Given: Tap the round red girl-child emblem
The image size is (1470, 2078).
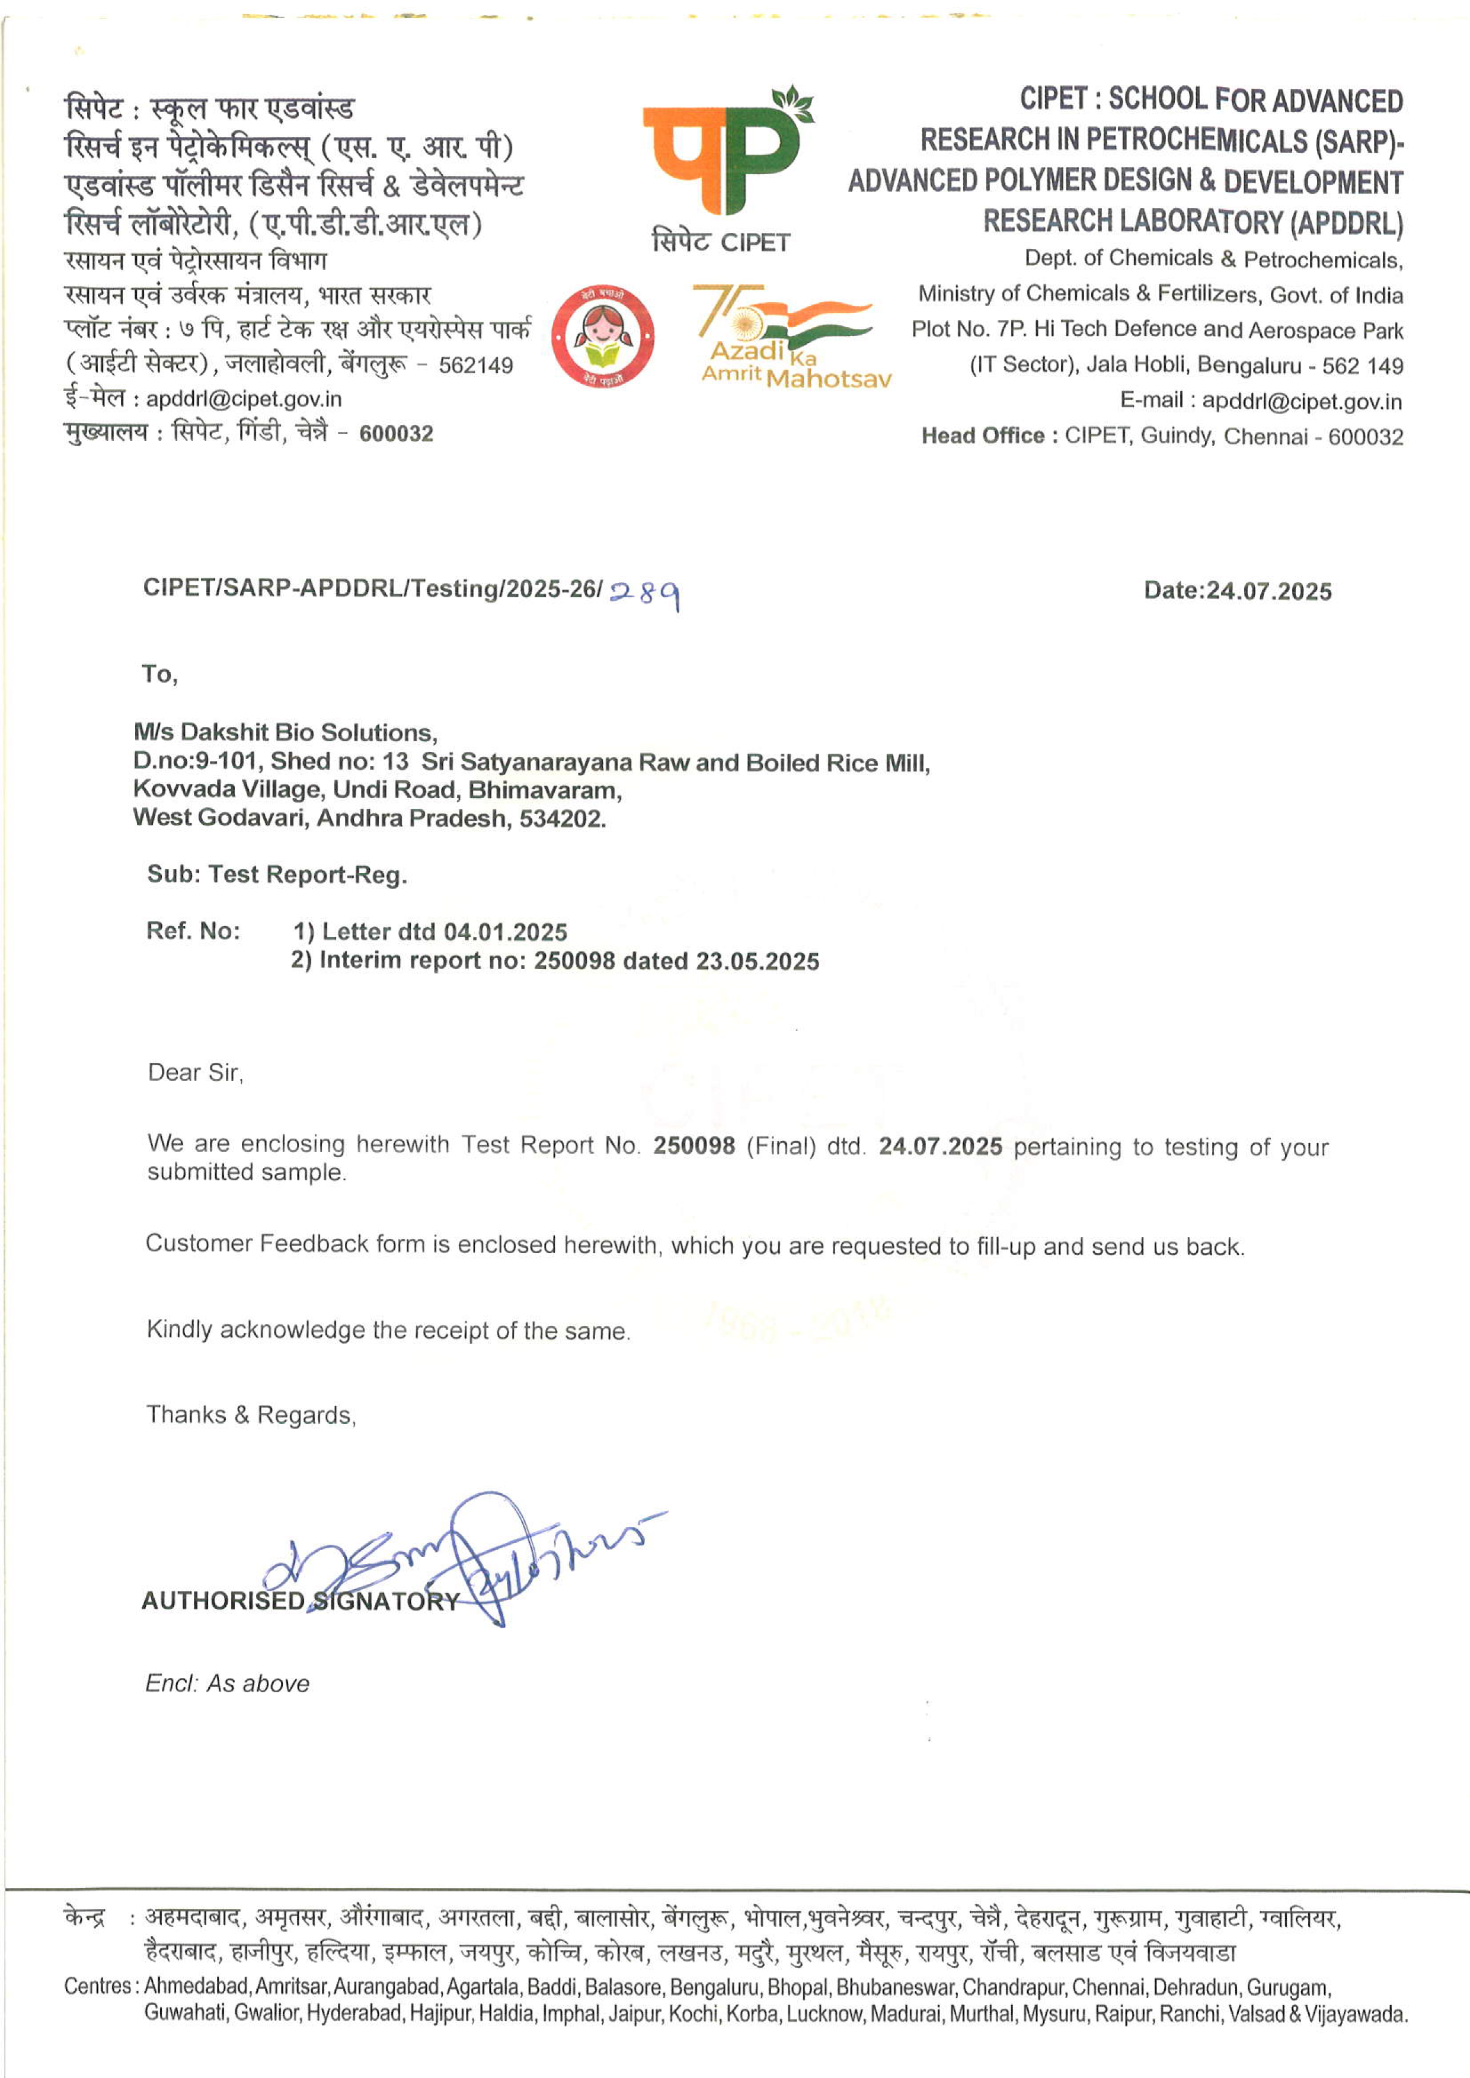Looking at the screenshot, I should pos(602,337).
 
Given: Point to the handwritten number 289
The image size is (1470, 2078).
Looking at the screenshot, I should pos(644,593).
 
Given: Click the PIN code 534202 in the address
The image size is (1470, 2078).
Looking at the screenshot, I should pos(560,818).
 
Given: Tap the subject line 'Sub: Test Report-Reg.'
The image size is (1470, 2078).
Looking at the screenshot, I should pos(277,875).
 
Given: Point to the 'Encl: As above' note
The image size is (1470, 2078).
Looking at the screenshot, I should pos(227,1683).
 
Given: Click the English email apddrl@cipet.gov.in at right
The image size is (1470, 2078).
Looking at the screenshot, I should pos(1302,401).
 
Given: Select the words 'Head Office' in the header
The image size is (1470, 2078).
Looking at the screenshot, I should pos(983,436).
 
